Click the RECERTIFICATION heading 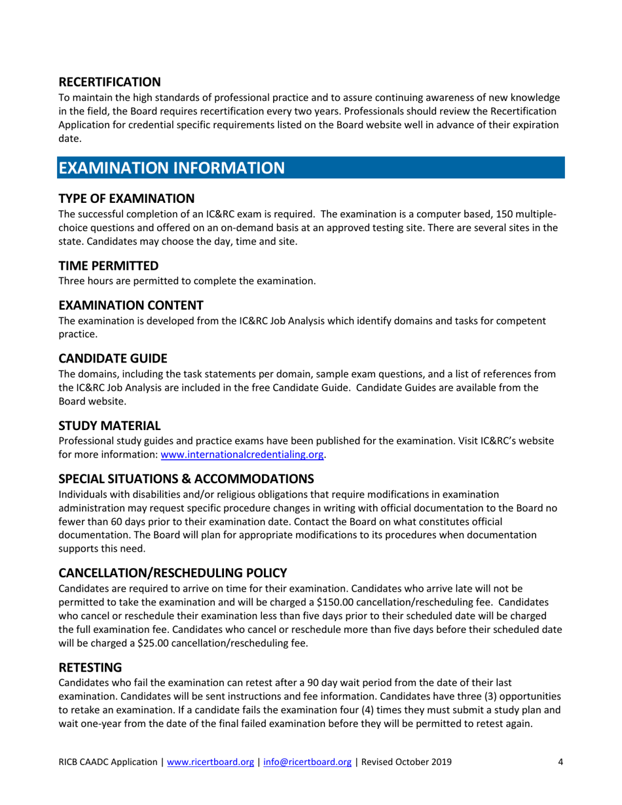[109, 82]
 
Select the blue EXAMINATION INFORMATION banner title [172, 168]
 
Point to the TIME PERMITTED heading [108, 266]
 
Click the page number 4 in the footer [560, 781]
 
